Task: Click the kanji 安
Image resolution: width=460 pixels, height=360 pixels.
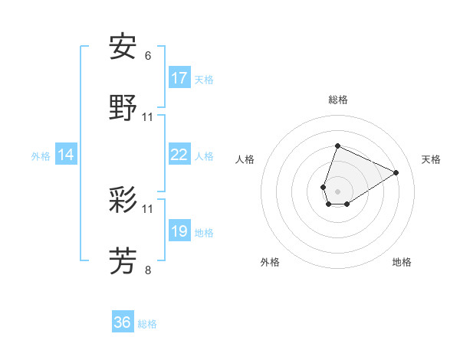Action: [x=123, y=47]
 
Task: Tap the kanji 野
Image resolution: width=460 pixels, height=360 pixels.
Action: [x=123, y=108]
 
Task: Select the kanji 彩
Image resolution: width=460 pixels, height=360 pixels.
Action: [x=123, y=200]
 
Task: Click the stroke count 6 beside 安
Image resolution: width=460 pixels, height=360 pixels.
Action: [x=148, y=56]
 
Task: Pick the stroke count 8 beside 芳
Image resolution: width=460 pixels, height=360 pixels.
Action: [x=148, y=270]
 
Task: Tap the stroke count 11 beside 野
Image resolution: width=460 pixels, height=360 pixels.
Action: [x=148, y=117]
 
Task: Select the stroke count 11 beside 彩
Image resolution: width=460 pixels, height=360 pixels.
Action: [x=148, y=208]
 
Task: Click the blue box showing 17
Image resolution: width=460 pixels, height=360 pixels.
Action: [x=179, y=78]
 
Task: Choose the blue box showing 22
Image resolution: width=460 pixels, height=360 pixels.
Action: [x=179, y=155]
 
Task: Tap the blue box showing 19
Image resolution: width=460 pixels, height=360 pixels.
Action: [x=179, y=231]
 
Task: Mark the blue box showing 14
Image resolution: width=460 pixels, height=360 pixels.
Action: [x=66, y=155]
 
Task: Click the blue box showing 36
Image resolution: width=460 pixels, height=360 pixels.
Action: [x=122, y=322]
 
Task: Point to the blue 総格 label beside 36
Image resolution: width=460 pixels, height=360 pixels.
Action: [x=147, y=324]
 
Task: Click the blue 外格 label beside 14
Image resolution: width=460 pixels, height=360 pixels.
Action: [x=41, y=156]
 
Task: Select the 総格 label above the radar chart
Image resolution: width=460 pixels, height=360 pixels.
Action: [x=337, y=100]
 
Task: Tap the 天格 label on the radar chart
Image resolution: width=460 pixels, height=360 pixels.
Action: [x=431, y=159]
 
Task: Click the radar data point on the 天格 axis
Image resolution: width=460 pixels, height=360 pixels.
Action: [x=396, y=173]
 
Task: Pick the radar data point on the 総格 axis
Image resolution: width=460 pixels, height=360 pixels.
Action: [x=337, y=145]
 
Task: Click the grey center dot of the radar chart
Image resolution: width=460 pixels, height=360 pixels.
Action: [x=337, y=190]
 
